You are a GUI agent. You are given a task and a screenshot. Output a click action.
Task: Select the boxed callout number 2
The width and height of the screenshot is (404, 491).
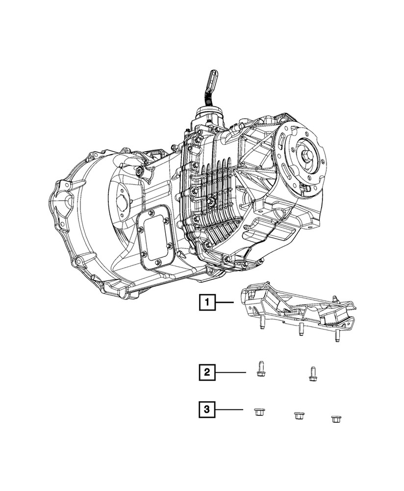(207, 373)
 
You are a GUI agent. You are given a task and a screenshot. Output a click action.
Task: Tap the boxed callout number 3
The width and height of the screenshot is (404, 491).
(207, 409)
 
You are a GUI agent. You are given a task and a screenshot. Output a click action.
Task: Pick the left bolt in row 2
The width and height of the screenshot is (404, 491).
(260, 368)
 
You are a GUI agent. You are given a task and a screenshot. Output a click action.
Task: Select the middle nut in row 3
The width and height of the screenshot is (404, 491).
(298, 416)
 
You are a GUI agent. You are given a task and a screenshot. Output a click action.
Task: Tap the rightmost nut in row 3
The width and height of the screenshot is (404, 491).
(336, 418)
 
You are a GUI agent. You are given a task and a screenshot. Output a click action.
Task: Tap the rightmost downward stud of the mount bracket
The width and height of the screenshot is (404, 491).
(337, 335)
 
